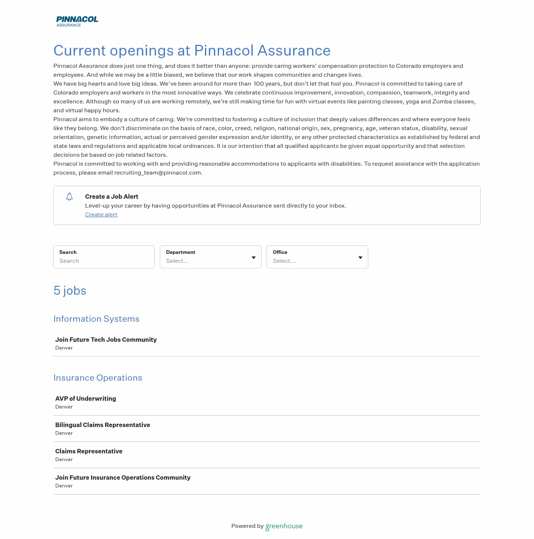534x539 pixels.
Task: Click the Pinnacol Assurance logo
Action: tap(77, 21)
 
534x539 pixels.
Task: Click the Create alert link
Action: tap(101, 215)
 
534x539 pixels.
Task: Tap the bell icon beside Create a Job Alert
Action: tap(69, 196)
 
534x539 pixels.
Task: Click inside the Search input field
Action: tap(104, 261)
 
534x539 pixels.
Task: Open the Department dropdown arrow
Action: tap(254, 257)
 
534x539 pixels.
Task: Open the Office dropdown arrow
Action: tap(360, 257)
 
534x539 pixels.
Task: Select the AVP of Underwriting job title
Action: tap(86, 399)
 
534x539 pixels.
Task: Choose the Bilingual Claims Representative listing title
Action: tap(103, 425)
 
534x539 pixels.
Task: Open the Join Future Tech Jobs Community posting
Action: tap(106, 340)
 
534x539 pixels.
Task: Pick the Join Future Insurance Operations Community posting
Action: tap(123, 477)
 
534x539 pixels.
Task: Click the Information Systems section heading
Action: tap(96, 319)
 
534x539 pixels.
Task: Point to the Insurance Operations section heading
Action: tap(98, 378)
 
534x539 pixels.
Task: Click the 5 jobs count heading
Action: tap(70, 291)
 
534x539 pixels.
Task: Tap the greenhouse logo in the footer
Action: tap(284, 526)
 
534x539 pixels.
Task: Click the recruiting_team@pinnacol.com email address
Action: tap(158, 173)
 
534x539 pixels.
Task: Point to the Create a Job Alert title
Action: tap(112, 196)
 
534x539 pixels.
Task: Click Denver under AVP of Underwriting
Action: tap(64, 407)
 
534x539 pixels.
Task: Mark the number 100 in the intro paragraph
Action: tap(262, 84)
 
